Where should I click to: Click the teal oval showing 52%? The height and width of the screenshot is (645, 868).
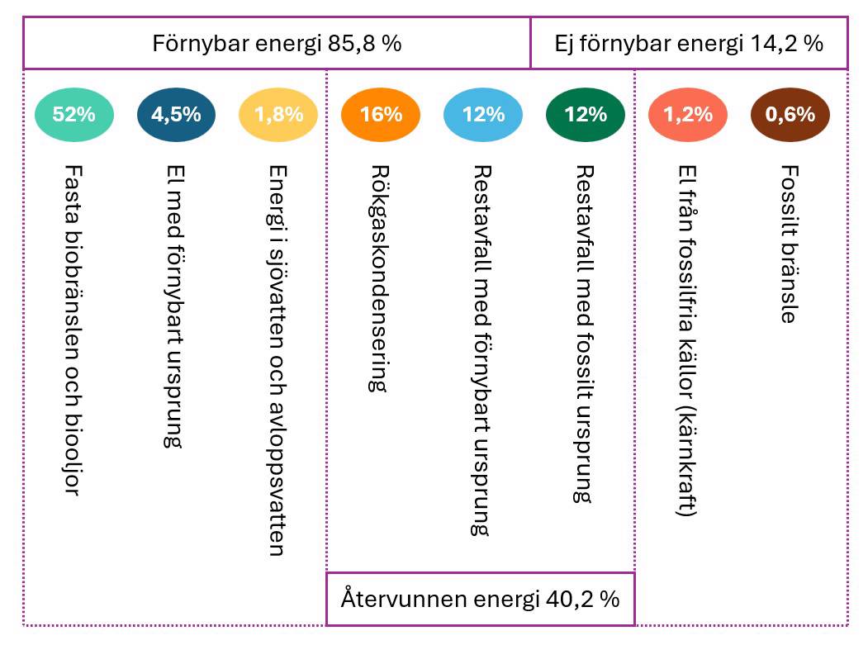pyautogui.click(x=74, y=114)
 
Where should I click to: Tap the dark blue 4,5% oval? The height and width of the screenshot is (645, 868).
pyautogui.click(x=176, y=114)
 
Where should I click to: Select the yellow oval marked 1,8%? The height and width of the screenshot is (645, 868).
pyautogui.click(x=278, y=114)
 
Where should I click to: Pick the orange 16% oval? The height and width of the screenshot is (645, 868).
pyautogui.click(x=381, y=114)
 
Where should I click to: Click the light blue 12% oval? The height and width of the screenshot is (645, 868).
pyautogui.click(x=483, y=114)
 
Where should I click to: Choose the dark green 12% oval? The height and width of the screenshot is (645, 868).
pyautogui.click(x=586, y=114)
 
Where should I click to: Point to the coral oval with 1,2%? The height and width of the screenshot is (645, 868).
pyautogui.click(x=688, y=114)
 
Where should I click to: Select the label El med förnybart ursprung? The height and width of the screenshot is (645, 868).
pyautogui.click(x=174, y=306)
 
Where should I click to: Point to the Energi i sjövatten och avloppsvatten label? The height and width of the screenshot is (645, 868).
pyautogui.click(x=277, y=359)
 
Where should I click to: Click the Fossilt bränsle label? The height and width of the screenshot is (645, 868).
pyautogui.click(x=789, y=244)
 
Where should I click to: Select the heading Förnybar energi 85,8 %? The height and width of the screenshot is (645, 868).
pyautogui.click(x=277, y=44)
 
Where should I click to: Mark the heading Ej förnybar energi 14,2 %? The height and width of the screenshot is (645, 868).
pyautogui.click(x=688, y=44)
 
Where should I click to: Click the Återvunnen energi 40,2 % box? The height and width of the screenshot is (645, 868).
pyautogui.click(x=480, y=598)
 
